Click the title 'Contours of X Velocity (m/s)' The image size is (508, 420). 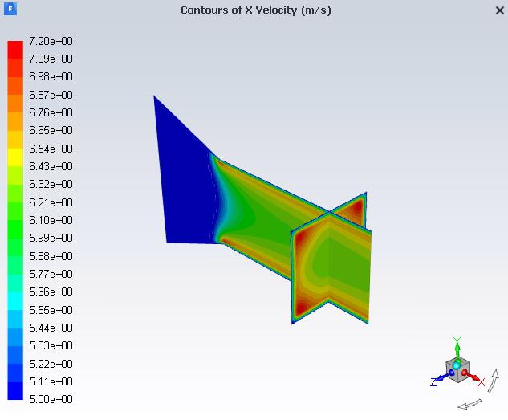click(255, 10)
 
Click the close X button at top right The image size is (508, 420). click(499, 10)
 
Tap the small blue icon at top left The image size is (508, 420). click(10, 9)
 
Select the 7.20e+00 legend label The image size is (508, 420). click(51, 41)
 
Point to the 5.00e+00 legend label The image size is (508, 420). click(51, 399)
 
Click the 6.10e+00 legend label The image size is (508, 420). click(51, 220)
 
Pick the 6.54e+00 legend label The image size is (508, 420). click(51, 149)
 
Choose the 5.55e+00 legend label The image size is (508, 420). click(51, 310)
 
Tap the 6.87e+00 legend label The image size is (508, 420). click(51, 95)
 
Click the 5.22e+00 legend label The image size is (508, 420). click(51, 364)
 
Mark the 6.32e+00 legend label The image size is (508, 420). click(51, 184)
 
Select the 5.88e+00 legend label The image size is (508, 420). click(51, 256)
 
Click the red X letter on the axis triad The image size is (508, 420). click(482, 382)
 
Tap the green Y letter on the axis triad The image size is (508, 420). click(456, 341)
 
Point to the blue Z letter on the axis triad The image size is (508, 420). click(433, 382)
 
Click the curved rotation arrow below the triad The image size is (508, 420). click(469, 403)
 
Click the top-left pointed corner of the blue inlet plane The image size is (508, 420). click(155, 97)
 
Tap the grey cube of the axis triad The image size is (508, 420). click(461, 371)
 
